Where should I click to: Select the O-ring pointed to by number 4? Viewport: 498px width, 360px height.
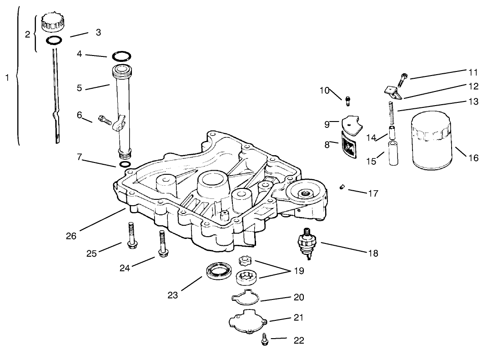tap(121, 57)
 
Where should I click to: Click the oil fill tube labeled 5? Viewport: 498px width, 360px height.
tap(122, 109)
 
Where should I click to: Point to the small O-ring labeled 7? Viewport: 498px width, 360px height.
tap(125, 163)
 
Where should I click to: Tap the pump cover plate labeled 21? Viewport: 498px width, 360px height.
tap(247, 319)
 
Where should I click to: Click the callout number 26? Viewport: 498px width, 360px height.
tap(71, 236)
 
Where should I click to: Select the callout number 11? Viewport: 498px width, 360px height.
tap(473, 72)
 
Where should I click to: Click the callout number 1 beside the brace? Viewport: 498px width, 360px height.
tap(7, 78)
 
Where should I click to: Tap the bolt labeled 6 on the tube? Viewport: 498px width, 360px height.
tap(105, 121)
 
